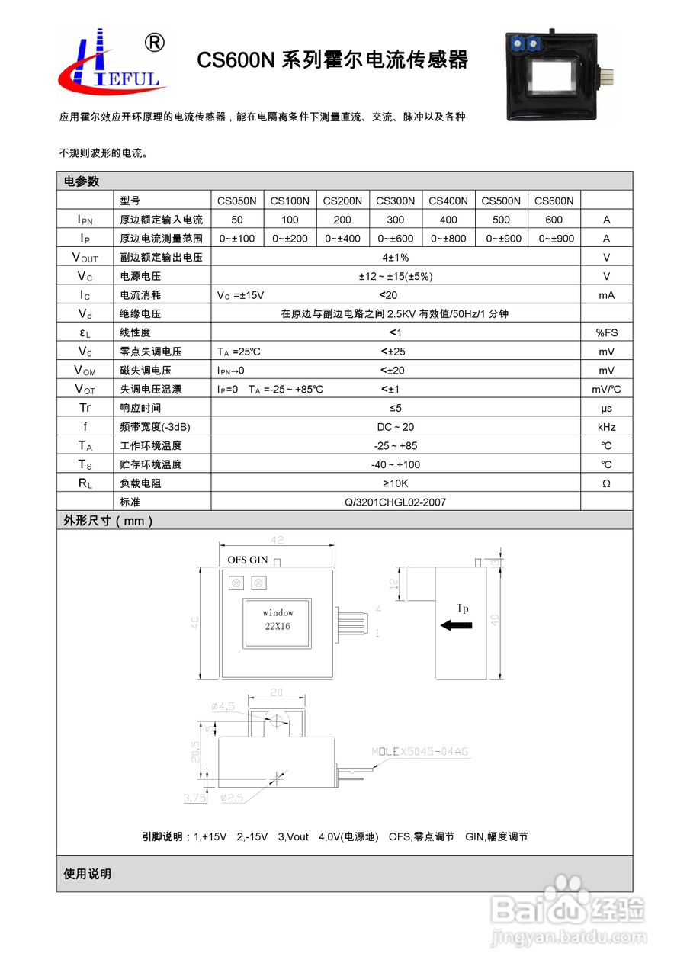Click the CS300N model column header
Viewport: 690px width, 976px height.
click(395, 201)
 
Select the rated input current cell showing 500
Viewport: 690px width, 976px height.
click(501, 220)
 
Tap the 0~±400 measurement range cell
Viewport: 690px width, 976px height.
click(342, 239)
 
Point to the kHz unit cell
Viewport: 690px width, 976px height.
click(606, 427)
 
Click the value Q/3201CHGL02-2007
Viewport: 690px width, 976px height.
click(396, 502)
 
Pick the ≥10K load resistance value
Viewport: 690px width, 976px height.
click(396, 483)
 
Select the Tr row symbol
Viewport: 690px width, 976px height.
click(85, 408)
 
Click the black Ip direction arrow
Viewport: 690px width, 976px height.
click(456, 625)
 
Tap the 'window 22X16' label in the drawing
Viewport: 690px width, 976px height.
click(278, 619)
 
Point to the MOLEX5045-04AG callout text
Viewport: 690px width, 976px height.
click(420, 752)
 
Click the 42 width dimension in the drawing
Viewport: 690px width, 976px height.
click(278, 540)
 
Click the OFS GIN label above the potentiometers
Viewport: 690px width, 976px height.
click(248, 560)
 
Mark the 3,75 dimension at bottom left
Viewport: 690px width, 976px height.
click(194, 798)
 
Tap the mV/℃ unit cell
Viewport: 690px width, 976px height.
click(606, 390)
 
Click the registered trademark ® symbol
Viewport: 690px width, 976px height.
click(153, 43)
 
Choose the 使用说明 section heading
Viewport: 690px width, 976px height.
click(88, 874)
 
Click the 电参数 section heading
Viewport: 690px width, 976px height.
click(82, 181)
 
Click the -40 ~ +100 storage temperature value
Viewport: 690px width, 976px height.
click(396, 464)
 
